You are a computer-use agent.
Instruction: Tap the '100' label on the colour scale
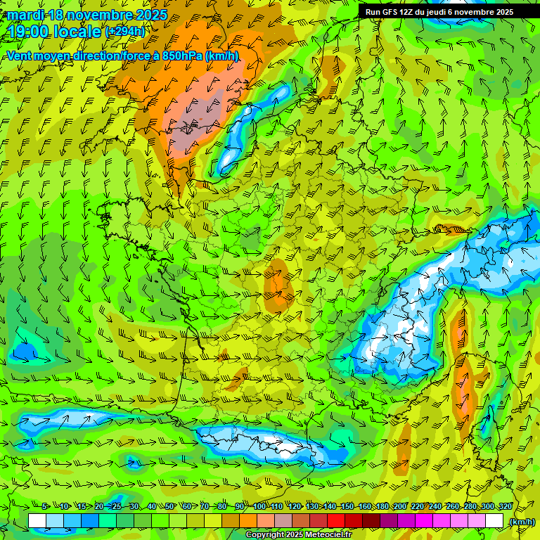[259, 506]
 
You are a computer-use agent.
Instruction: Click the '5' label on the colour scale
[44, 506]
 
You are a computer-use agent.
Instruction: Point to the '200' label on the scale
[400, 506]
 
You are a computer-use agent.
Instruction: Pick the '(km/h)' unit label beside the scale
[522, 522]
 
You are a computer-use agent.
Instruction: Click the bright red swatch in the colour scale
[336, 521]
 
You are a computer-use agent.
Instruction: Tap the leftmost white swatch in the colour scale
[37, 521]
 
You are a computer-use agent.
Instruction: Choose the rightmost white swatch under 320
[495, 521]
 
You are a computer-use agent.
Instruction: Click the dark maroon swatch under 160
[371, 521]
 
